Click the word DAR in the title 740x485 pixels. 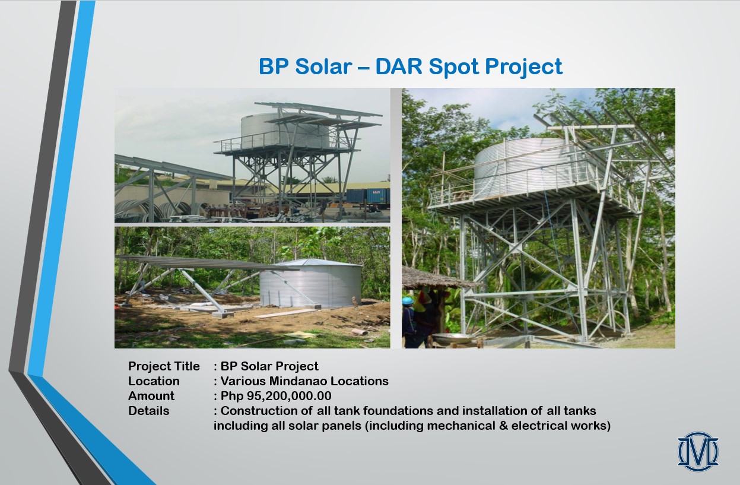click(x=399, y=66)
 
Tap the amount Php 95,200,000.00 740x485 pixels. click(x=276, y=396)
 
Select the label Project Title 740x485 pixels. click(x=164, y=366)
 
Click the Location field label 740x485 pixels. click(x=154, y=381)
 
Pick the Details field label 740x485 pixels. click(x=149, y=411)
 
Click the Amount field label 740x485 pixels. click(x=151, y=396)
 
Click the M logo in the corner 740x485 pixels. click(x=698, y=451)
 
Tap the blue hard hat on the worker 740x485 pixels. click(x=408, y=301)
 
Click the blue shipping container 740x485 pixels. click(x=368, y=196)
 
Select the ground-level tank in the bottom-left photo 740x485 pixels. click(x=310, y=284)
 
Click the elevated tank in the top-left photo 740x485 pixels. click(x=285, y=131)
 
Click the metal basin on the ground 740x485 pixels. click(x=452, y=338)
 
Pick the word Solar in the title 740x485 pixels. click(x=323, y=66)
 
